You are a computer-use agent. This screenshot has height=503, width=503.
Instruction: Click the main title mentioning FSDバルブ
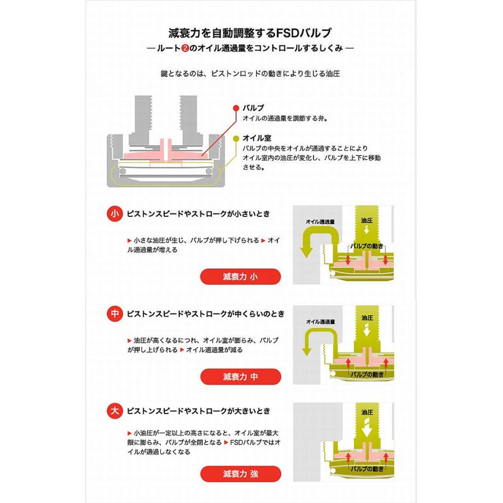pos(250,33)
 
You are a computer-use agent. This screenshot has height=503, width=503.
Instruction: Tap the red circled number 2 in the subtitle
pos(185,49)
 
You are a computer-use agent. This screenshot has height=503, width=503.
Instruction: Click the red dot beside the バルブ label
pos(236,108)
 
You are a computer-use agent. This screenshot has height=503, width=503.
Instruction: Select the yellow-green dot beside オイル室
pos(236,138)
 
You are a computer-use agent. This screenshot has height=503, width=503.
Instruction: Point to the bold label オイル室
pos(257,138)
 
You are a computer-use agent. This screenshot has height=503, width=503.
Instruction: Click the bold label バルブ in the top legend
pos(253,108)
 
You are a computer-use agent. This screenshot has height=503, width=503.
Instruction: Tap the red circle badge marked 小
pos(115,214)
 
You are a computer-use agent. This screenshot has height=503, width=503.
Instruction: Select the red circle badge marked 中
pos(115,314)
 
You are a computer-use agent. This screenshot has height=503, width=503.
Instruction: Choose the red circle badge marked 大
pos(115,411)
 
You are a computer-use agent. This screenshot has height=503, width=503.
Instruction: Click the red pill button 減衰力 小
pos(240,277)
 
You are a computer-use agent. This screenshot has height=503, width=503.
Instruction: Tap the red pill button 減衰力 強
pos(240,474)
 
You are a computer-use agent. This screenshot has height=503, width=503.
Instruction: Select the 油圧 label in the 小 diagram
pos(367,220)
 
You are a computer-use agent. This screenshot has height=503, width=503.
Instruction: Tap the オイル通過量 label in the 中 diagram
pos(320,322)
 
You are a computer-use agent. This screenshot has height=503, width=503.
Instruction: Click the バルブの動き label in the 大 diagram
pos(367,469)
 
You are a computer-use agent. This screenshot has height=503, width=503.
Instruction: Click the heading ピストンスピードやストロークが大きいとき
pos(198,411)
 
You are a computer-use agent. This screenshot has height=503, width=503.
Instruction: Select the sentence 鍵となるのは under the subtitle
pos(250,73)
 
